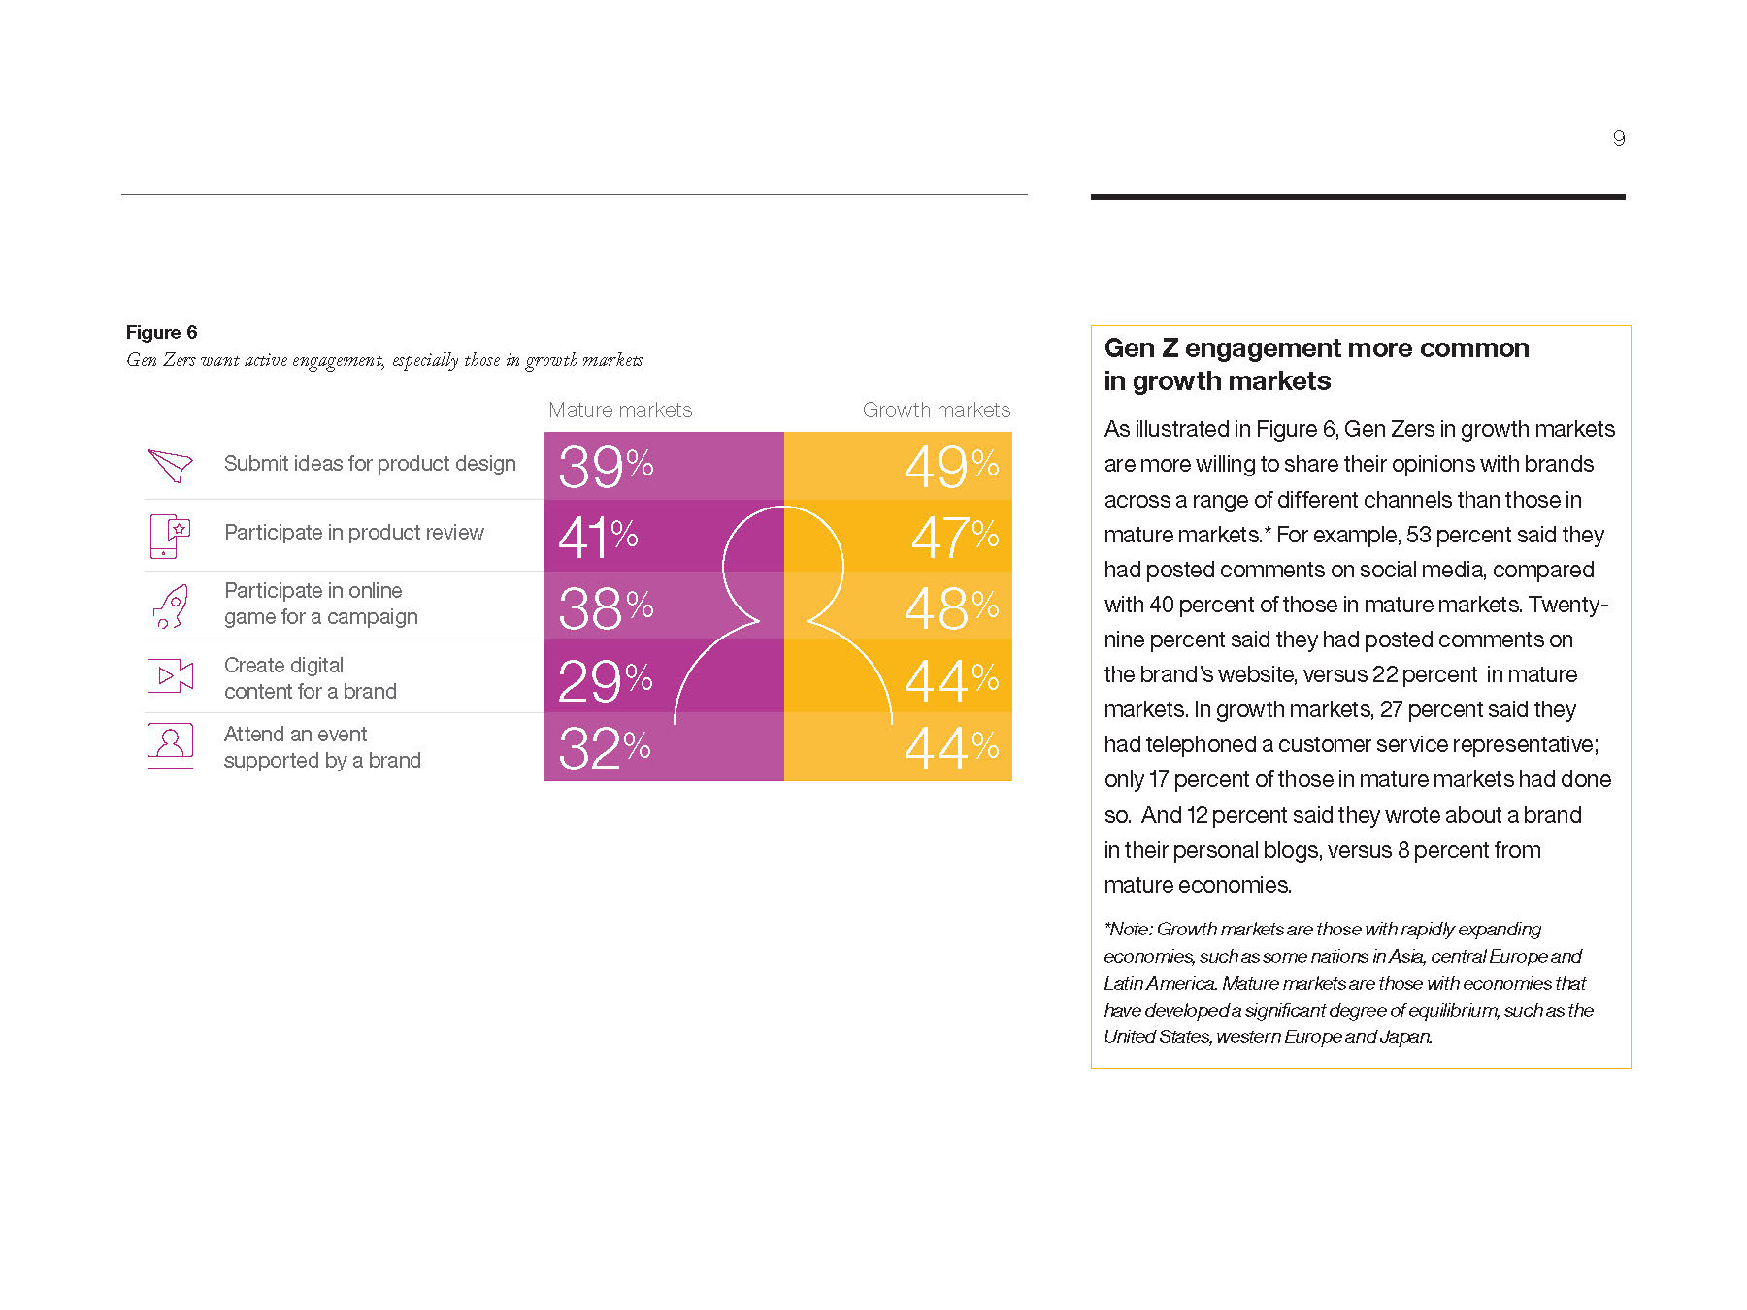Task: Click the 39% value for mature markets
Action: [605, 467]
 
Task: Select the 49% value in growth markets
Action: [951, 467]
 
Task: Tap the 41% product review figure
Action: [597, 537]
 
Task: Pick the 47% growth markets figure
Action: [954, 537]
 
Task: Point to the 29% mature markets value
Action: [604, 680]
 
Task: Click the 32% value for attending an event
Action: [604, 748]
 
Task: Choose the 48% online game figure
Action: [951, 608]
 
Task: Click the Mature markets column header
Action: [620, 410]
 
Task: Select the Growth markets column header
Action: [936, 410]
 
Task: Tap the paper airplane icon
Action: [170, 465]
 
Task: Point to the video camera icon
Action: [170, 675]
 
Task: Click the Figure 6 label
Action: [161, 333]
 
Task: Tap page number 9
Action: [1618, 138]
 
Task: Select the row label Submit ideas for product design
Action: [370, 464]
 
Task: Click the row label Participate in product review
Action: [353, 533]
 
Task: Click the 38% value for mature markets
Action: [605, 608]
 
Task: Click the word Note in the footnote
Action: [1130, 930]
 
